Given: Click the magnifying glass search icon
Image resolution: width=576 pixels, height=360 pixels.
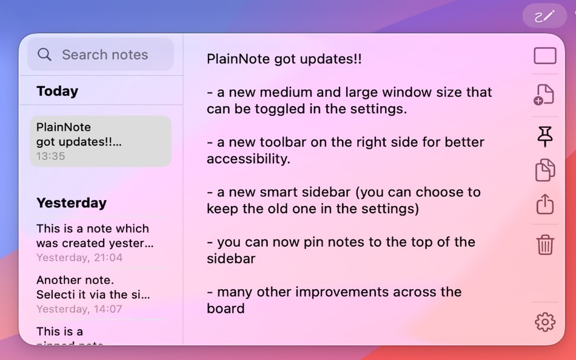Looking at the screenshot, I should pos(44,55).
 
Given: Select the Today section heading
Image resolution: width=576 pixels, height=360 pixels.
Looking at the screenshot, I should pos(57,91).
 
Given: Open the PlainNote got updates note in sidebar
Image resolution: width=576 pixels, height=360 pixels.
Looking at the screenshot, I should pos(101,141).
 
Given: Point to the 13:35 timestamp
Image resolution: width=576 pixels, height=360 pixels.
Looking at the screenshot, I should pos(50,156).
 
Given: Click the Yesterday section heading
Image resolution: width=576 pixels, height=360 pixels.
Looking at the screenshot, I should pos(71,203).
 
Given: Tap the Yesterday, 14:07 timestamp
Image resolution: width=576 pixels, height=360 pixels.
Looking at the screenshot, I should pos(79,309).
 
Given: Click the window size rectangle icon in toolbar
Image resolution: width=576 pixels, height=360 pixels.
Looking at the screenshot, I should pos(545,56).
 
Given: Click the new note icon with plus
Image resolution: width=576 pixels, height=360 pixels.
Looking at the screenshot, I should pos(544,95).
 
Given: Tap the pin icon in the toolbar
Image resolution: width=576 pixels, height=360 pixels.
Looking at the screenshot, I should pos(545,136).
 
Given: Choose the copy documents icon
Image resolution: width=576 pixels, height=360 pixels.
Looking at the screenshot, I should pos(545,170).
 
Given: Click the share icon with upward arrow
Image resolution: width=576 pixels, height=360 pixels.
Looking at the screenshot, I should pos(545,204).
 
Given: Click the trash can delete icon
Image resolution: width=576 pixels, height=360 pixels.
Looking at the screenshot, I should pos(545,245).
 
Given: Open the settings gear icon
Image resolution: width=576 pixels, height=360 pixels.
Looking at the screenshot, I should pos(545,322).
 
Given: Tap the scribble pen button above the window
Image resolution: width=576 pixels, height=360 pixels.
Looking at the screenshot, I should pos(544,16).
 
